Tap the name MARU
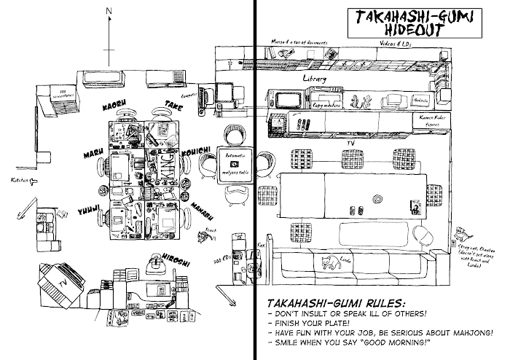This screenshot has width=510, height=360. (x=91, y=154)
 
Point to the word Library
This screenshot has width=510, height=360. (x=314, y=78)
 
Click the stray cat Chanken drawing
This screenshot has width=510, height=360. (x=460, y=234)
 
